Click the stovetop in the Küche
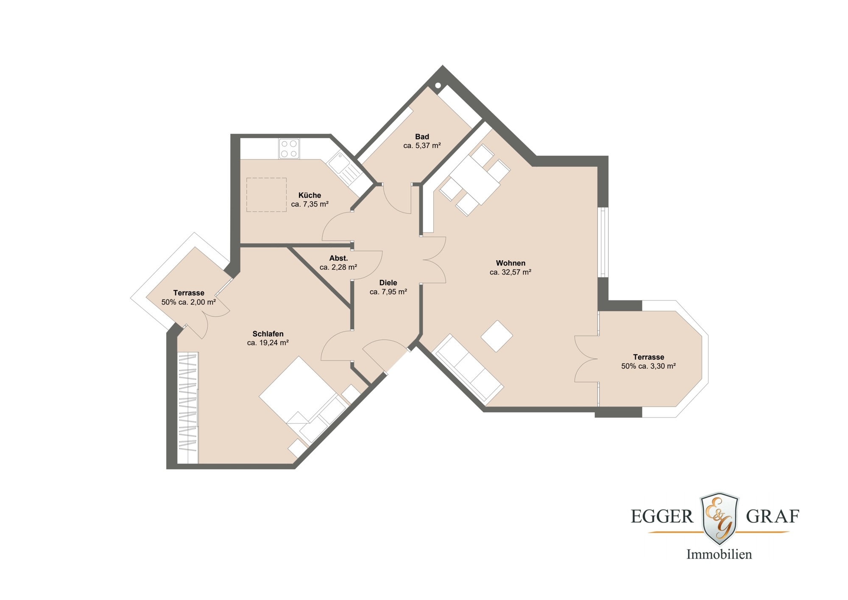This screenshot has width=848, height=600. (x=289, y=149)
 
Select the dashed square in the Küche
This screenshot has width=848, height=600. (x=266, y=195)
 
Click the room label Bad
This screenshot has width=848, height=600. (x=422, y=137)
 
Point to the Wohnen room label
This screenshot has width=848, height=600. (x=510, y=263)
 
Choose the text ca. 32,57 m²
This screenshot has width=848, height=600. (x=510, y=272)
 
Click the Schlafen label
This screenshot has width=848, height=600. (x=268, y=334)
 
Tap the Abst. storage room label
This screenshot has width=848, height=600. (x=338, y=258)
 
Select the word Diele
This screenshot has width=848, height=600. (x=388, y=283)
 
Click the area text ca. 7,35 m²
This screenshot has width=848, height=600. (x=310, y=204)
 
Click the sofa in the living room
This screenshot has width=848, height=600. (x=468, y=368)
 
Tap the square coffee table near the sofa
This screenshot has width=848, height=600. (x=497, y=336)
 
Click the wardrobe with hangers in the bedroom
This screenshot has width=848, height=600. (x=188, y=408)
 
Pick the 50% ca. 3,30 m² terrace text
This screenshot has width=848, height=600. (x=648, y=366)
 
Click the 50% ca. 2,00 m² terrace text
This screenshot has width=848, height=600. (x=189, y=302)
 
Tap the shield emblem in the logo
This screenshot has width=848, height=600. (x=720, y=518)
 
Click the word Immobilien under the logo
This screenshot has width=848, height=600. (x=719, y=554)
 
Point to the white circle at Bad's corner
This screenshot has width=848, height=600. (x=438, y=85)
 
